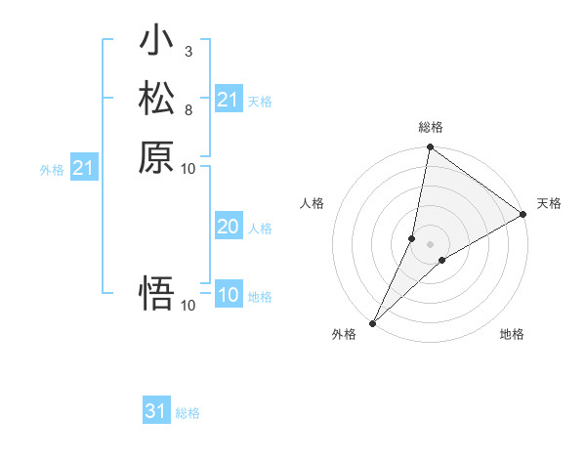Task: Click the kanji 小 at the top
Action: click(x=156, y=42)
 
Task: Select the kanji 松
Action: click(x=156, y=100)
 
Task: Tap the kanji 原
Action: click(x=156, y=156)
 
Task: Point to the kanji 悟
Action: click(x=156, y=293)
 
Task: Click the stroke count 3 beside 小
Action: click(x=188, y=51)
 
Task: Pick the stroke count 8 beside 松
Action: click(x=188, y=108)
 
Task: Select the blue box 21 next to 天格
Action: click(x=228, y=100)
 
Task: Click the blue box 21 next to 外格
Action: click(x=84, y=169)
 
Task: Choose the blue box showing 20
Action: click(x=228, y=228)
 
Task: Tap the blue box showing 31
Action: click(x=156, y=412)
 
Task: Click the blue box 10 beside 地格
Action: click(x=228, y=296)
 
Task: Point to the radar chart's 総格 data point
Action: click(x=430, y=147)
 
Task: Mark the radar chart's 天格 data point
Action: click(x=523, y=214)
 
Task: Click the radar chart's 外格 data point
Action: click(x=373, y=322)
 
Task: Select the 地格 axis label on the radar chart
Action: click(x=512, y=335)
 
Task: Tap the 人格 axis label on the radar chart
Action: click(x=313, y=203)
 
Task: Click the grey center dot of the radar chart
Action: click(x=430, y=243)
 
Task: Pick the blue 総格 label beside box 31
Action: click(x=188, y=413)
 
